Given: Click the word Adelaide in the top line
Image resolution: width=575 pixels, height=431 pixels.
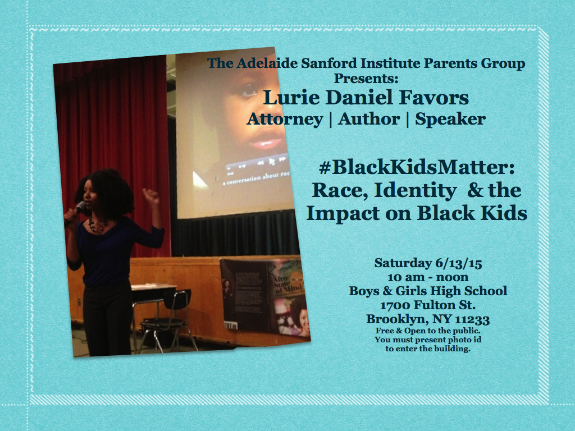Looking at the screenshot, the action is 267,63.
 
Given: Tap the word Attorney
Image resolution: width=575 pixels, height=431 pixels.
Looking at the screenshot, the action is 285,120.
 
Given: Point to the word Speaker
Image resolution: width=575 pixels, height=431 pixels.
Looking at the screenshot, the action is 450,120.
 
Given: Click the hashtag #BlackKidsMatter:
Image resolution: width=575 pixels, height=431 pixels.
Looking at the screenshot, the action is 417,167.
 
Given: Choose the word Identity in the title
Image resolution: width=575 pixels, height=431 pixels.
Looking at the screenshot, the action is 415,191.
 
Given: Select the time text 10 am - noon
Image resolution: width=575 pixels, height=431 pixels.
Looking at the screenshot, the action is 428,277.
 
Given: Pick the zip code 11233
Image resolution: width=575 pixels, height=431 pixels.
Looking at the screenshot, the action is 472,319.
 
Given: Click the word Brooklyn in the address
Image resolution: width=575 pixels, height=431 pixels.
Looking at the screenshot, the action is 398,319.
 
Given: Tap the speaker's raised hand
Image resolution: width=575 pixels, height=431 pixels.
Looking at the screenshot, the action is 150,196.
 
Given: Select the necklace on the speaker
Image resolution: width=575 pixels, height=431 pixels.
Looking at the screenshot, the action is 96,224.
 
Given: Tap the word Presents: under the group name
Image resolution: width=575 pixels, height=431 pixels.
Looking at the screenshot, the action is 366,79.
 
